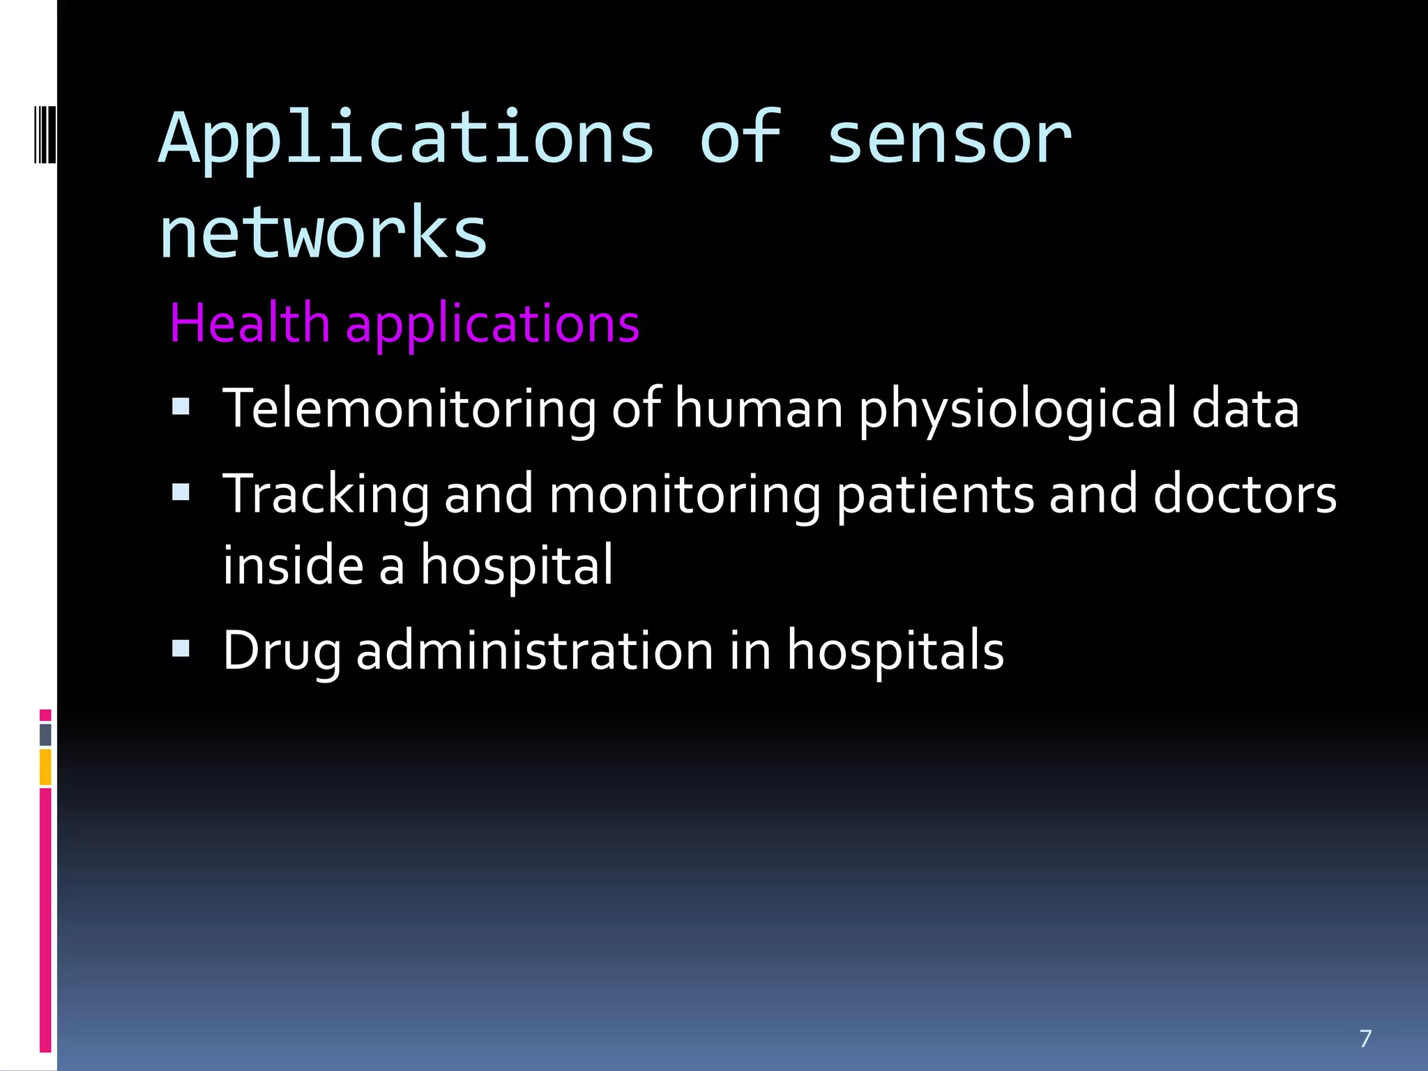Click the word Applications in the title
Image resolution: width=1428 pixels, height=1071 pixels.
pos(407,139)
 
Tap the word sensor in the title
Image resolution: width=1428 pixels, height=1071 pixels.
pos(948,139)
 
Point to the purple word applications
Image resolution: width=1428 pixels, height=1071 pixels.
pos(492,325)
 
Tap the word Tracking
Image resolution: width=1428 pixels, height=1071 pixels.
pos(326,495)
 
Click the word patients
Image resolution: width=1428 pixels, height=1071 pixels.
pos(935,495)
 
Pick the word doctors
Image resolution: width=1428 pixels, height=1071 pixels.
pos(1245,494)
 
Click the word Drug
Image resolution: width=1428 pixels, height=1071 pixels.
pos(282,651)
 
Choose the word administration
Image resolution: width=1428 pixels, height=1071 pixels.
pos(535,650)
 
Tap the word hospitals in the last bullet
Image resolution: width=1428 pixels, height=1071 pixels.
pos(895,650)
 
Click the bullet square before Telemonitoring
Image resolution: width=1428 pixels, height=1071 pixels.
pos(181,407)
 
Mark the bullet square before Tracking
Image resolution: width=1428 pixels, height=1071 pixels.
pos(181,492)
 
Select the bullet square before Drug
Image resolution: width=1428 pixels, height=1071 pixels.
pos(181,648)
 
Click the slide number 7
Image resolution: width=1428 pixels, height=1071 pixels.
pos(1365,1038)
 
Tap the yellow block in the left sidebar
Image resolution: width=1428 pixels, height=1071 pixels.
pos(45,767)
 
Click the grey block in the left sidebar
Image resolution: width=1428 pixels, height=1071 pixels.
pos(45,735)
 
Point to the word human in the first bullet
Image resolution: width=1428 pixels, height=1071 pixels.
pos(759,409)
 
